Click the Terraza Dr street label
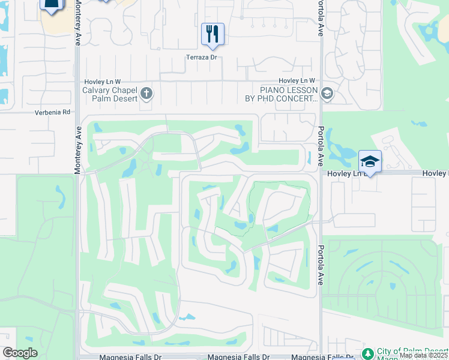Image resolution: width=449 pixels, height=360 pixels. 200,58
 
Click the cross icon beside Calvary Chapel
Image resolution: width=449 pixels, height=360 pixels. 146,93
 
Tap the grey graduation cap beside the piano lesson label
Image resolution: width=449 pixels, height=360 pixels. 327,93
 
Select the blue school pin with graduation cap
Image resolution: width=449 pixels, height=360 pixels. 370,161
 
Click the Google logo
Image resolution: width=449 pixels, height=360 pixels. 19,353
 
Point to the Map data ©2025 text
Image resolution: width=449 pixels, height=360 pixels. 424,355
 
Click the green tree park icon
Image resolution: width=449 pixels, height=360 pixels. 367,352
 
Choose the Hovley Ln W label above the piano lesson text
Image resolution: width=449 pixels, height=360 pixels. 297,81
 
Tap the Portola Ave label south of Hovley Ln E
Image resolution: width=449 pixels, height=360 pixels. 322,265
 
